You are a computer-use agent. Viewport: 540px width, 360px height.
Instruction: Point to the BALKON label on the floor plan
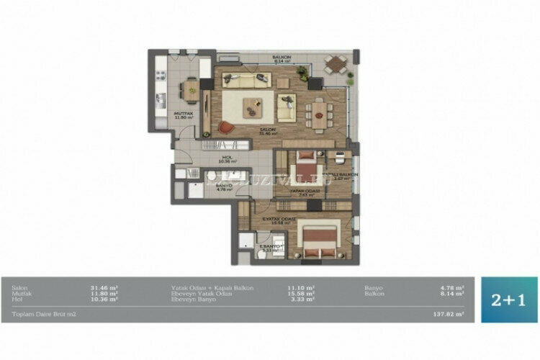(x=281, y=57)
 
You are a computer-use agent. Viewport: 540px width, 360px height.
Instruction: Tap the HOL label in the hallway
(x=227, y=157)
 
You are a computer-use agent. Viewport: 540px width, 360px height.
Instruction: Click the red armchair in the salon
(x=226, y=127)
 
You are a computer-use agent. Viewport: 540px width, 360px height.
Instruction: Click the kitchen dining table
(x=191, y=89)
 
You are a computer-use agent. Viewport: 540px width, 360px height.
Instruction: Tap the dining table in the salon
(x=318, y=112)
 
